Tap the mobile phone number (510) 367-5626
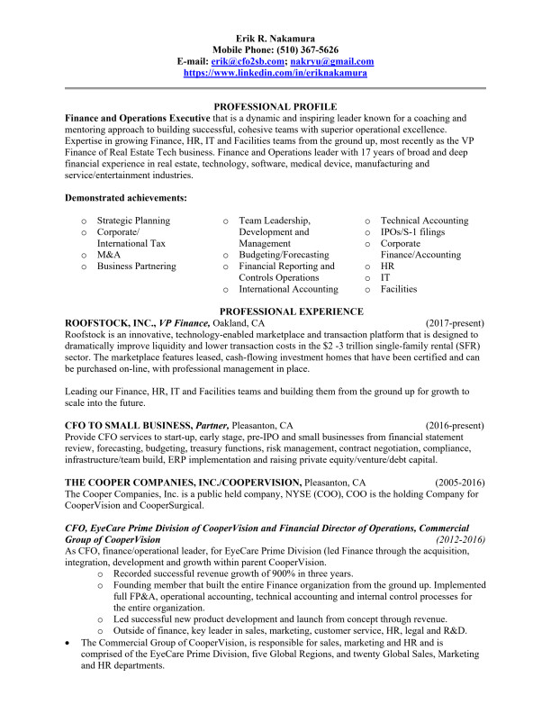[x=308, y=50]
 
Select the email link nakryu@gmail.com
[x=340, y=61]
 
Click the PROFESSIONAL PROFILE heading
[x=275, y=106]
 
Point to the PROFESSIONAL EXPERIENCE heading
[x=275, y=311]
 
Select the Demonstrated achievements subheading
[x=126, y=197]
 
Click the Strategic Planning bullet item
[x=133, y=221]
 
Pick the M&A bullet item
[x=109, y=255]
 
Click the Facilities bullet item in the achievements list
[x=399, y=289]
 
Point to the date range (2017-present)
[x=455, y=322]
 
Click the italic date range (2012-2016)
[x=458, y=538]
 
